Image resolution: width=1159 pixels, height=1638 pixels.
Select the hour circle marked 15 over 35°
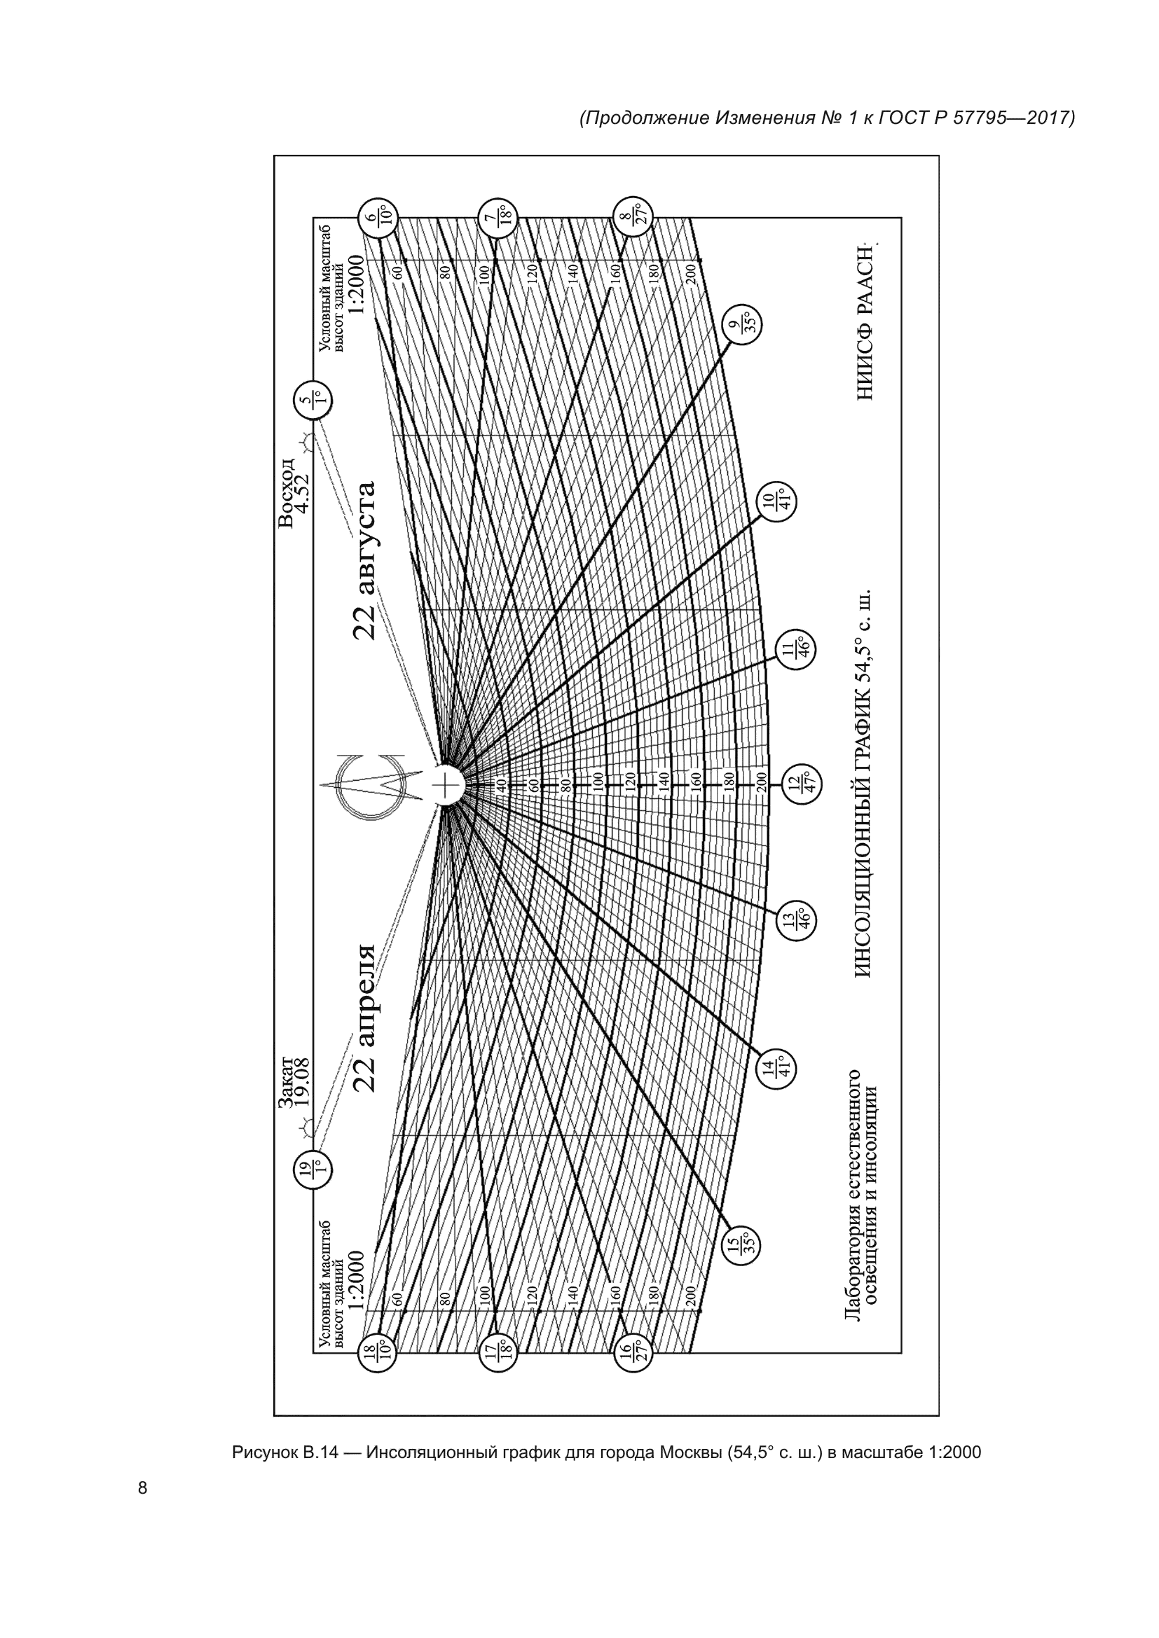tap(743, 1244)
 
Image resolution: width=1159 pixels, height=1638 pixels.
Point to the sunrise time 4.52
tap(303, 493)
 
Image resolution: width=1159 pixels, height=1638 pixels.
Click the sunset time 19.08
tap(303, 1082)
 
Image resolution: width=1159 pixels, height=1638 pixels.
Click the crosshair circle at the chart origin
tap(446, 786)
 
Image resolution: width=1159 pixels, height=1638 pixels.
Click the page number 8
tap(143, 1487)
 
